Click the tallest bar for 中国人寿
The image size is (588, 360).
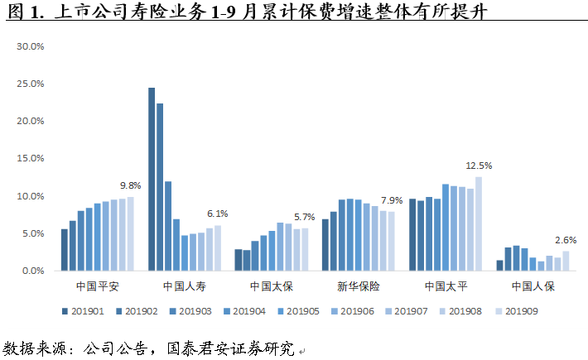point(152,179)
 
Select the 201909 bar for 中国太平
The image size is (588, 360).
point(478,223)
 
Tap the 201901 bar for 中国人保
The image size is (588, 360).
point(499,265)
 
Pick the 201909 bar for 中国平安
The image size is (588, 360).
point(130,233)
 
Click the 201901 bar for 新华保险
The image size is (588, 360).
point(325,245)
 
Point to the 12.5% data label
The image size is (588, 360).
point(479,166)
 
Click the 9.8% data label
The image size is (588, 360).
point(130,185)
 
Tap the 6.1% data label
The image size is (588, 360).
point(218,214)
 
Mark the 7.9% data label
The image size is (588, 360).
point(392,200)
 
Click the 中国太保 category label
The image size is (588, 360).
point(271,287)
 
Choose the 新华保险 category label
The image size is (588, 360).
point(358,287)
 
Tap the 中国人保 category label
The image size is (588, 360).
point(533,287)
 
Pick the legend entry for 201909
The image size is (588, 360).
point(517,311)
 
